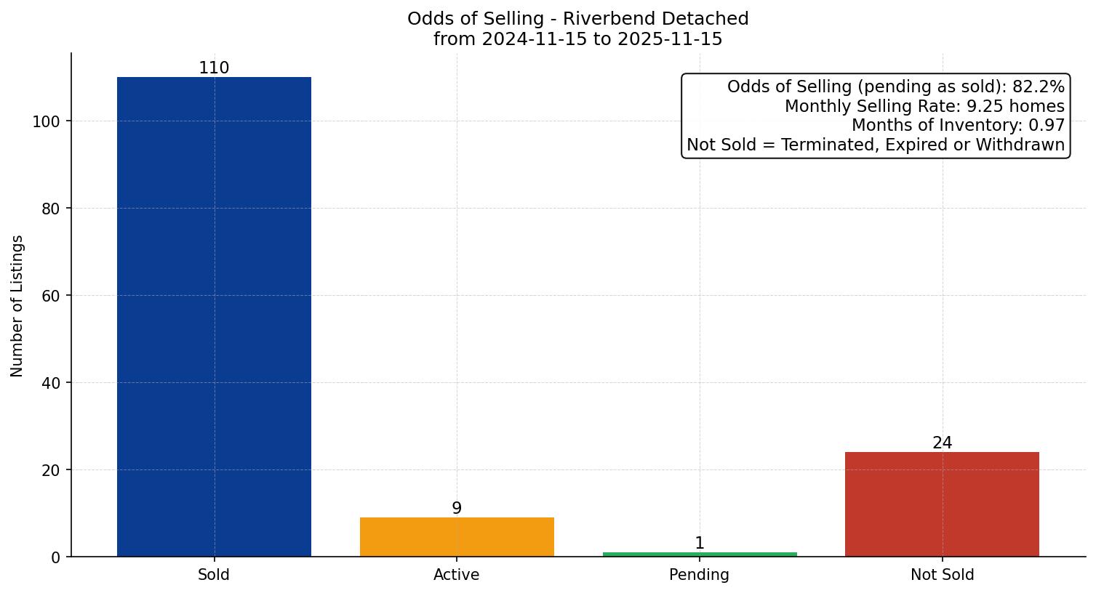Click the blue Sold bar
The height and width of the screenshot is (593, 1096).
[x=214, y=317]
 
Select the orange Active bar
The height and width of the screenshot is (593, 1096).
[x=457, y=537]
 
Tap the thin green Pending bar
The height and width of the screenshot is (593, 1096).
[x=700, y=554]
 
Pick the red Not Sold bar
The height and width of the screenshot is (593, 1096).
[x=942, y=504]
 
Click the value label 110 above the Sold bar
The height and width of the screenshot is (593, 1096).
[x=214, y=68]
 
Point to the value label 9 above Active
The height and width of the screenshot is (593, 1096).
[x=457, y=509]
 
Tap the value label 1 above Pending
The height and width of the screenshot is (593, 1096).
[x=700, y=544]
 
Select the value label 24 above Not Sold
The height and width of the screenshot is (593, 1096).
[x=942, y=443]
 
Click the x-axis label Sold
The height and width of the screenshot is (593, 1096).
[x=214, y=575]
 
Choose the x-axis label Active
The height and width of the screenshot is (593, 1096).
[x=457, y=575]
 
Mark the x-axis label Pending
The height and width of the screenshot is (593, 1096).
[x=700, y=575]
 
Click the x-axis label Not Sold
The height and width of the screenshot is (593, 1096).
[x=942, y=575]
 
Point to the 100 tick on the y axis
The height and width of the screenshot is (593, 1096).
[x=46, y=121]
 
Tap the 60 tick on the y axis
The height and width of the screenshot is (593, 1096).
[x=50, y=296]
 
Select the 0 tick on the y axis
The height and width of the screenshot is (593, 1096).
[x=55, y=557]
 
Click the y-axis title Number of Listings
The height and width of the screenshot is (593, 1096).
[x=17, y=306]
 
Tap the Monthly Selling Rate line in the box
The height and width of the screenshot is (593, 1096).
[x=924, y=107]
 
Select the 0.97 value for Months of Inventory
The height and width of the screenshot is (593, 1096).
[x=1047, y=126]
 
